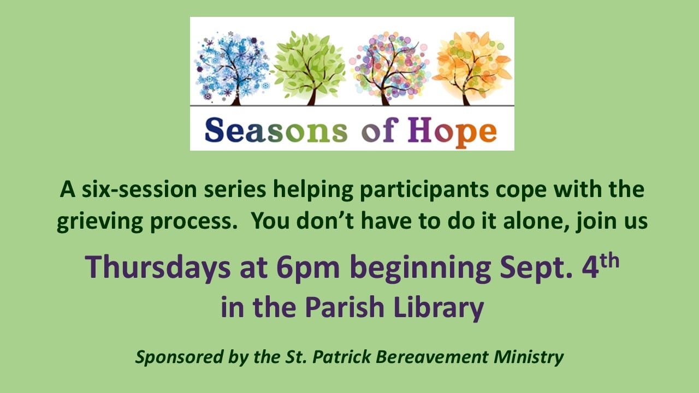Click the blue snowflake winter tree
coord(233,69)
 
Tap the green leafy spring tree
coord(310,69)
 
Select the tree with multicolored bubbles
coord(390,69)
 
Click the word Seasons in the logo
coord(276,130)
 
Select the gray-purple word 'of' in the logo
coord(380,130)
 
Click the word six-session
coord(139,189)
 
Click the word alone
coord(537,220)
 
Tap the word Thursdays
coord(158,267)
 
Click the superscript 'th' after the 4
coord(609,261)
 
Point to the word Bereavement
coord(432,357)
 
